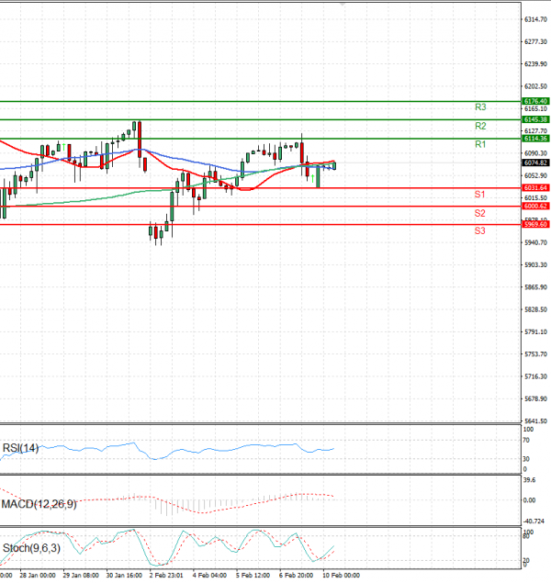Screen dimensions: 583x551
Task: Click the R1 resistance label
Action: click(x=480, y=145)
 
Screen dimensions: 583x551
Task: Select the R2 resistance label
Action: click(x=480, y=126)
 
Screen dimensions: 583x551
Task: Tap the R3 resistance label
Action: click(x=480, y=107)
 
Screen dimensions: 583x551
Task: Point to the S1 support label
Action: click(x=479, y=195)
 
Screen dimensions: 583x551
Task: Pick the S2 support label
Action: click(x=479, y=213)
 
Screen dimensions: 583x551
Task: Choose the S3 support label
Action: click(x=479, y=230)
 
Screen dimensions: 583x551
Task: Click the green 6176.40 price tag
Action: click(x=535, y=101)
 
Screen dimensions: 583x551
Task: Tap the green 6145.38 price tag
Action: click(x=535, y=119)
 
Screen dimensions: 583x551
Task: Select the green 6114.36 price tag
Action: click(x=535, y=139)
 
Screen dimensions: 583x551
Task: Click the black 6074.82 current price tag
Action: click(x=535, y=163)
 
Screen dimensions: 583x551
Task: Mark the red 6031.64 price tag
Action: click(x=535, y=188)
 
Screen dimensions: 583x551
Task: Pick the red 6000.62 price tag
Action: click(x=535, y=207)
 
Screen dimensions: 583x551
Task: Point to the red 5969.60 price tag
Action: click(x=535, y=224)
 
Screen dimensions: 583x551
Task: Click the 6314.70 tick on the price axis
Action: click(x=536, y=19)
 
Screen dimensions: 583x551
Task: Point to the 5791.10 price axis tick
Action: click(x=536, y=331)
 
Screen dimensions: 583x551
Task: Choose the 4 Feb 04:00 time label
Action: click(x=212, y=577)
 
